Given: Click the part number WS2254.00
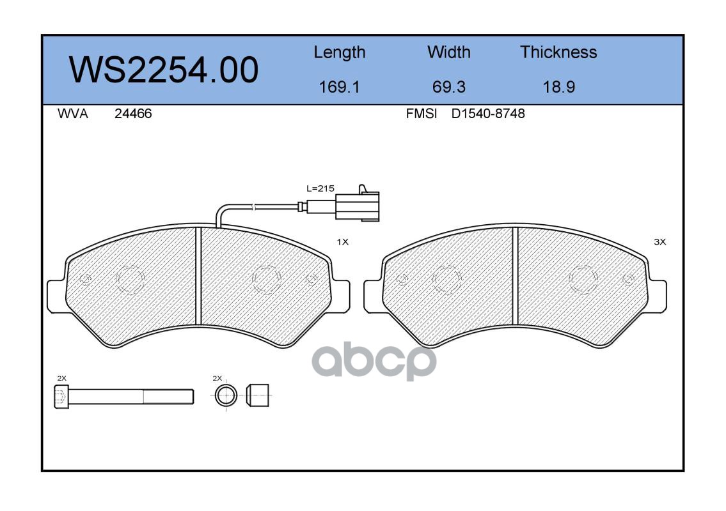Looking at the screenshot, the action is tap(164, 70).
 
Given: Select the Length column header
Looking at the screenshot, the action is tap(340, 52).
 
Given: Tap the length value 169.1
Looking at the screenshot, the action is tap(340, 87).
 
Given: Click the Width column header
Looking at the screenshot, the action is tap(448, 52).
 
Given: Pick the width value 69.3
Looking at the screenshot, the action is tap(448, 87).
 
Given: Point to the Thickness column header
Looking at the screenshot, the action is tap(558, 52).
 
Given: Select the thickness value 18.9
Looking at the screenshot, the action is tap(559, 87).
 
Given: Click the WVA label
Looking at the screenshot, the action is tap(73, 114).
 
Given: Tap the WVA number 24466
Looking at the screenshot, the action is tap(133, 114).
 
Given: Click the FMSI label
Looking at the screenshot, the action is tap(422, 114).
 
